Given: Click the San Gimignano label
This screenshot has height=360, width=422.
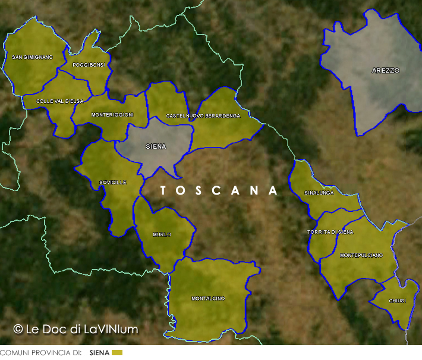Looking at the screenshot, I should tap(32, 57).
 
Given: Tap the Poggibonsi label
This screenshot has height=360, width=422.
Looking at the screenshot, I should tap(88, 65).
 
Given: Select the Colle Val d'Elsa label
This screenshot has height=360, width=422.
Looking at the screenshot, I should tap(59, 101).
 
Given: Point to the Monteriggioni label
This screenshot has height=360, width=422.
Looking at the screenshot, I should tap(112, 115).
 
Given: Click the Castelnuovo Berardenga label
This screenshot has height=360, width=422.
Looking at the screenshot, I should tap(203, 115).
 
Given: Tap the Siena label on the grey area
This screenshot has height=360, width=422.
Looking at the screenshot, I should tap(156, 146).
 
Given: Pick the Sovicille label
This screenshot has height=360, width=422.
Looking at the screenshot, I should tap(113, 183).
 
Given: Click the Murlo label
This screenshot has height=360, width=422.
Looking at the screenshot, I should tap(162, 234).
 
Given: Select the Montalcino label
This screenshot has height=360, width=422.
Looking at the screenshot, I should tap(208, 298).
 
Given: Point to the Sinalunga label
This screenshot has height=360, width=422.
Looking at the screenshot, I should tap(319, 193).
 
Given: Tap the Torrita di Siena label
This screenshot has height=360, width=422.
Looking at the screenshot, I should tap(330, 231).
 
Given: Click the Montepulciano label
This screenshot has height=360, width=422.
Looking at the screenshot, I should tap(361, 255).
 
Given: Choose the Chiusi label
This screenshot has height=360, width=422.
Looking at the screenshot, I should tap(397, 300).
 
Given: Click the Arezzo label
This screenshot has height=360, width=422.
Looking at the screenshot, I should tap(386, 70).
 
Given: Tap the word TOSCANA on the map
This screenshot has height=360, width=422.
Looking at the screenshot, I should tap(219, 190).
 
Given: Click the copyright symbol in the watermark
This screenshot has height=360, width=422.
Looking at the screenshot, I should tap(18, 328).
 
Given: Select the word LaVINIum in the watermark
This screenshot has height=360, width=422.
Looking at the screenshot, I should tap(111, 328).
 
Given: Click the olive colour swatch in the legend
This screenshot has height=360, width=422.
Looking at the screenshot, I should tap(117, 353).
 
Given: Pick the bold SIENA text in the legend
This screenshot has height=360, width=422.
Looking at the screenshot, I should tap(99, 353).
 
